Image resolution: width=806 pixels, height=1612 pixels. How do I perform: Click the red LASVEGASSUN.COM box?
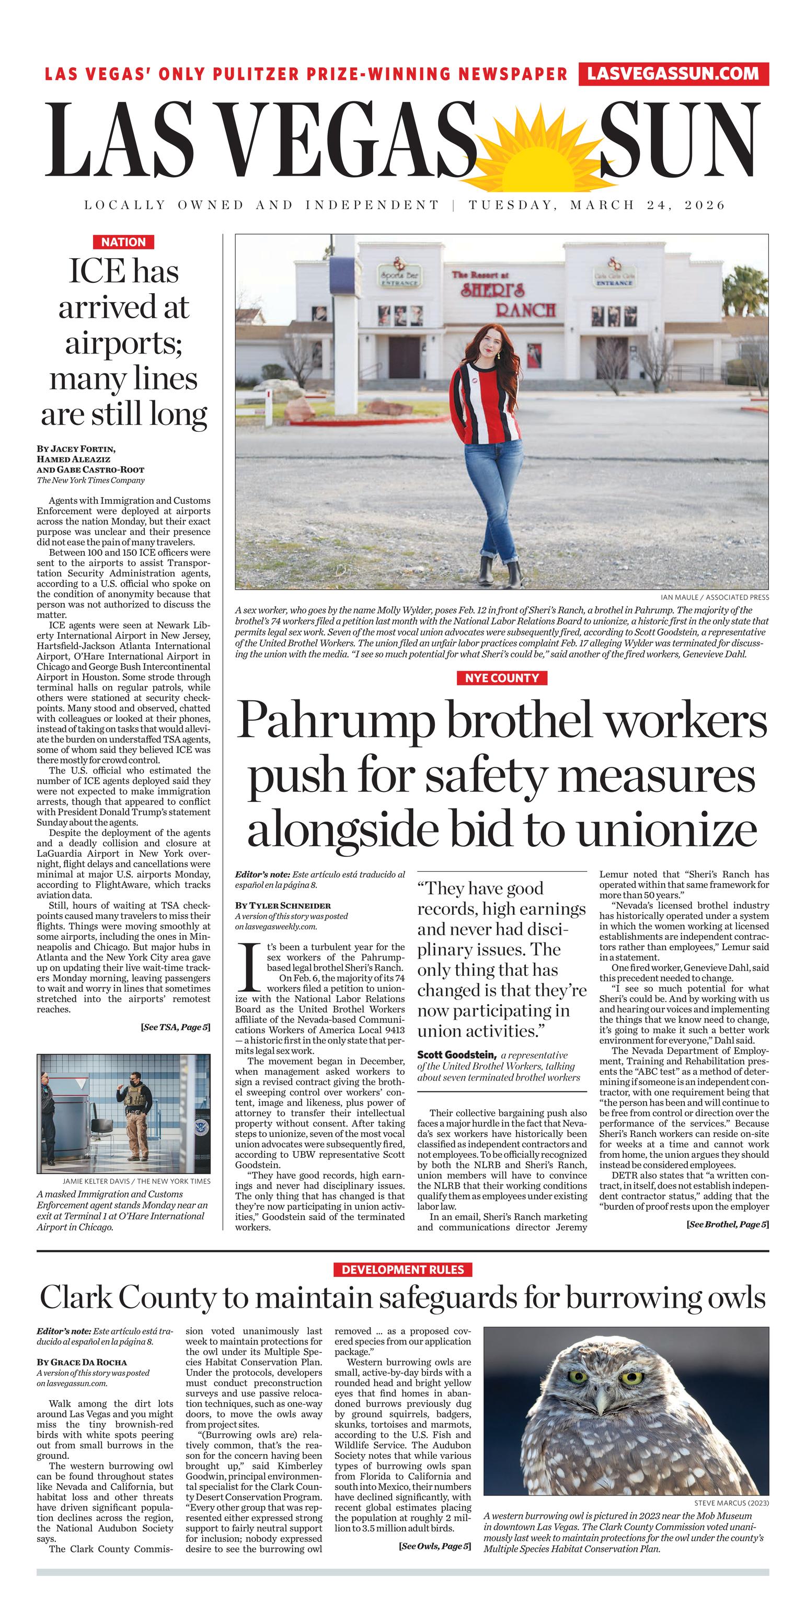pyautogui.click(x=673, y=74)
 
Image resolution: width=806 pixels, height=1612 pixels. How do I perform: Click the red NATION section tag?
pyautogui.click(x=123, y=242)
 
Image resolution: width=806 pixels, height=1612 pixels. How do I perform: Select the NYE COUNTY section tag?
pyautogui.click(x=501, y=678)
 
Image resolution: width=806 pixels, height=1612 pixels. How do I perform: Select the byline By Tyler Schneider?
pyautogui.click(x=283, y=905)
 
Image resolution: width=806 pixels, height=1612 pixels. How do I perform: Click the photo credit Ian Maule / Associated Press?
pyautogui.click(x=715, y=597)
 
